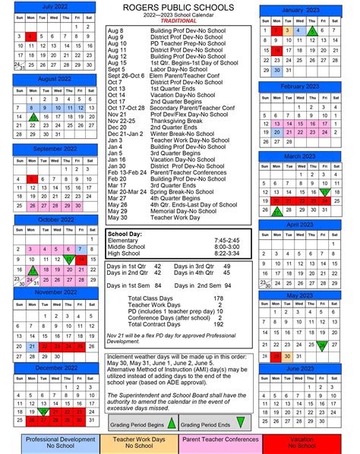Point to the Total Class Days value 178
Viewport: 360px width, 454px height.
coord(218,298)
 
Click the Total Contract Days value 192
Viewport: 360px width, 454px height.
coord(218,323)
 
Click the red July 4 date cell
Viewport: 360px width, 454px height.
coord(29,36)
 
